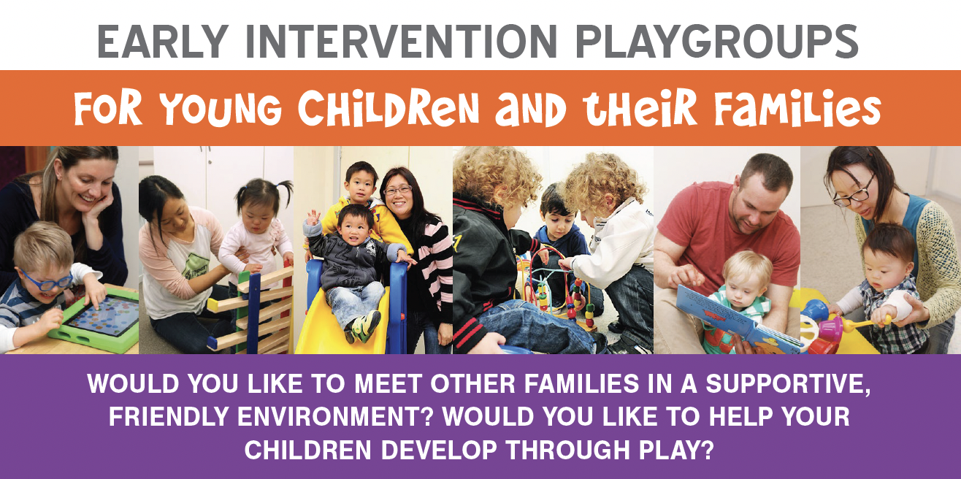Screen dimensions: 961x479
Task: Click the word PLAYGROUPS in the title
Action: point(716,42)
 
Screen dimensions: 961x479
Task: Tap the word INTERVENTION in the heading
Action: point(402,42)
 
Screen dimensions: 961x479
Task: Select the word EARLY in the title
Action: point(163,42)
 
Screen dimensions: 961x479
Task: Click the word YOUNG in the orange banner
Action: point(221,109)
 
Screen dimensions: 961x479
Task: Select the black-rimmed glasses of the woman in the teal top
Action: point(854,193)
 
